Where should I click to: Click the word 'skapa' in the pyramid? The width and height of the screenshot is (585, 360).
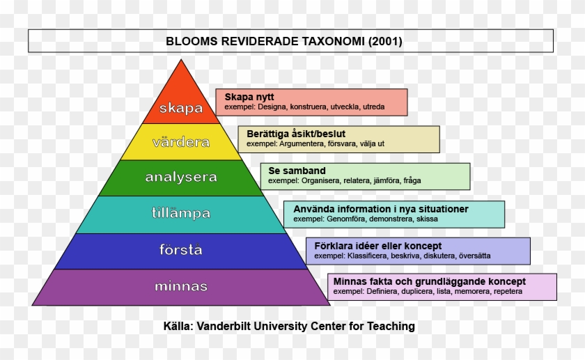[181, 108]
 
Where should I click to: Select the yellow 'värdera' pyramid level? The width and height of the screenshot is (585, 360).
[181, 142]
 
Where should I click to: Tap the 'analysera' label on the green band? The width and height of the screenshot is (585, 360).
[181, 177]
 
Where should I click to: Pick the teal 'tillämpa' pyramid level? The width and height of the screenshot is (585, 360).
[181, 213]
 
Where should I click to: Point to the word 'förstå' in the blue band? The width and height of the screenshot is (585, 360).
[181, 249]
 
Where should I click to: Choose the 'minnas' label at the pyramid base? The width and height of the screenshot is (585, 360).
[181, 286]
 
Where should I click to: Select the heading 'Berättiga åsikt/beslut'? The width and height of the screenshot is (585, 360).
[296, 134]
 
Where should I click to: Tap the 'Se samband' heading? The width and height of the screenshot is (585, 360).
[297, 171]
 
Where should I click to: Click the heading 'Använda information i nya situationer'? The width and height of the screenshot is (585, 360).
[380, 209]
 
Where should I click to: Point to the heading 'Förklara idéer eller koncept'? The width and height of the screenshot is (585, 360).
[377, 246]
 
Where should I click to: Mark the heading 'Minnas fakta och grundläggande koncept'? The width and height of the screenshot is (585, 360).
[426, 281]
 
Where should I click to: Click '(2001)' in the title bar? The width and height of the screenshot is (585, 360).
[386, 41]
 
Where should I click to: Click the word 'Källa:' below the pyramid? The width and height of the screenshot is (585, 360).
[180, 326]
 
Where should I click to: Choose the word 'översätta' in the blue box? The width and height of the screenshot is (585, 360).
[474, 256]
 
